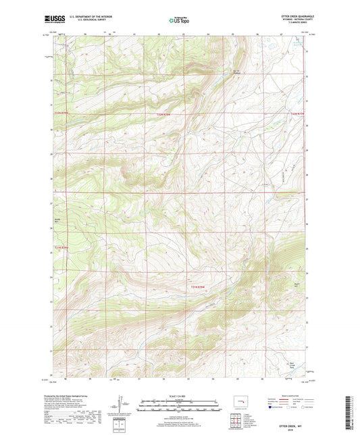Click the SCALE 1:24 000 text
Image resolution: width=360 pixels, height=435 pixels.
[x=180, y=395]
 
